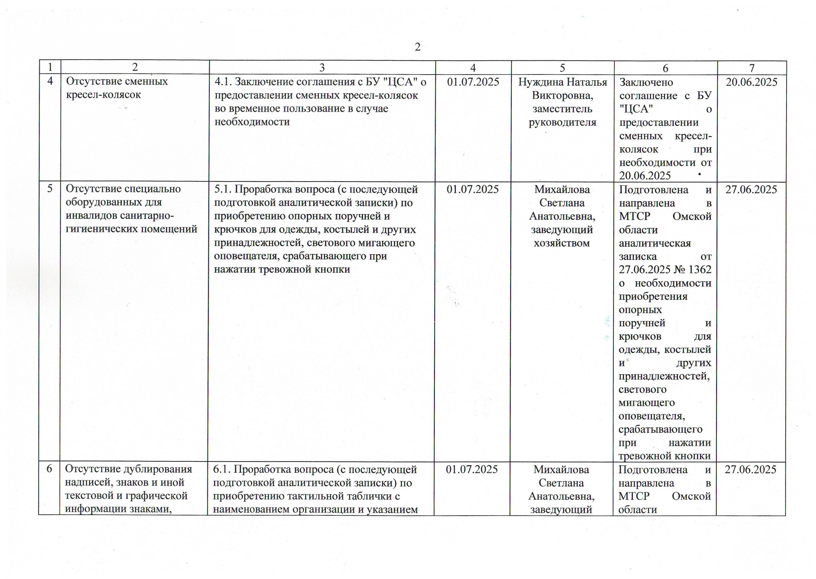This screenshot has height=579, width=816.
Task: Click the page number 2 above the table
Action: [418, 47]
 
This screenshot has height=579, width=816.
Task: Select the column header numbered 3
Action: [322, 67]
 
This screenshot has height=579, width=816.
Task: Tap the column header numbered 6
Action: [665, 68]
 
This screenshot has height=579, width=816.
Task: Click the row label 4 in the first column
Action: [50, 81]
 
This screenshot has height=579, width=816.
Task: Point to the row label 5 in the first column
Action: [50, 188]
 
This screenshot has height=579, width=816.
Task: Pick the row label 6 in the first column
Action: [50, 468]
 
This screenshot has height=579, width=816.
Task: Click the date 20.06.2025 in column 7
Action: [751, 82]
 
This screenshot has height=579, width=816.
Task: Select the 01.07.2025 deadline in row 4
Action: [473, 82]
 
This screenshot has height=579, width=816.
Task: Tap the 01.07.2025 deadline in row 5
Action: [473, 189]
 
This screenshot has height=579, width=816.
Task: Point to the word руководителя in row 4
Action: [562, 122]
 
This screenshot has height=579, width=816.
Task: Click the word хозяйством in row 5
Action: [562, 243]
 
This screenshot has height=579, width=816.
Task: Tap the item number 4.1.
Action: [223, 82]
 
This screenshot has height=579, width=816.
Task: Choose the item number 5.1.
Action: [223, 189]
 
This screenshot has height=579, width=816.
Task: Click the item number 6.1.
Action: [222, 469]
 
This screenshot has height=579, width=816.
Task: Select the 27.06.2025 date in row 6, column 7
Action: [750, 469]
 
